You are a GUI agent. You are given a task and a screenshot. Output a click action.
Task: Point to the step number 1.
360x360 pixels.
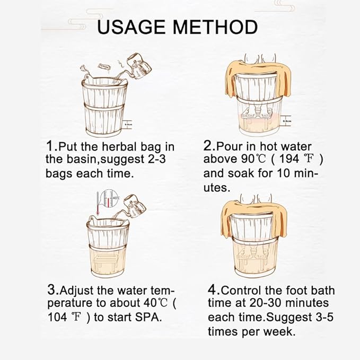tap(50, 146)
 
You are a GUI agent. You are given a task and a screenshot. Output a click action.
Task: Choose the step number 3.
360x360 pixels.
tap(52, 290)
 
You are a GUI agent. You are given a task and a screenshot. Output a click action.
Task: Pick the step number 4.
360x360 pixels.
tap(212, 290)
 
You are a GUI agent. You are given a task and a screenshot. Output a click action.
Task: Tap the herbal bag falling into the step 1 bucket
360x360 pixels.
tap(103, 66)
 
